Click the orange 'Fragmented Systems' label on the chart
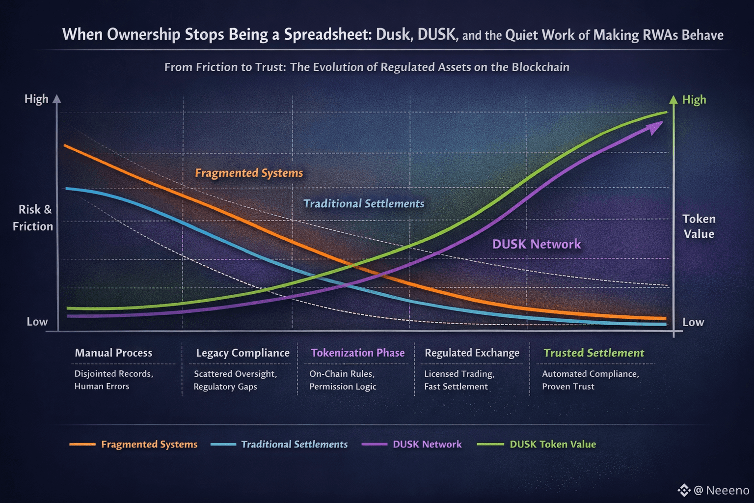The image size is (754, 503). (x=249, y=173)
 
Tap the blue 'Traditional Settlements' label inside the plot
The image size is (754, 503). (x=364, y=203)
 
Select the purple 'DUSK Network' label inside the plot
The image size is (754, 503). (x=537, y=244)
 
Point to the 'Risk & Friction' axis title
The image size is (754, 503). (x=33, y=218)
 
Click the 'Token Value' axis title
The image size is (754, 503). (x=699, y=226)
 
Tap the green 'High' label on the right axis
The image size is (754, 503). (x=694, y=100)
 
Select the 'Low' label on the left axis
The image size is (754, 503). (x=37, y=322)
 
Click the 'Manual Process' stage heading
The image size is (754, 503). (x=113, y=353)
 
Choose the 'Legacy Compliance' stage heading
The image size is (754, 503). (x=242, y=353)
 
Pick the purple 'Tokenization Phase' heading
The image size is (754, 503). (x=358, y=353)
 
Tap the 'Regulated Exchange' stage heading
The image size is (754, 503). (x=472, y=353)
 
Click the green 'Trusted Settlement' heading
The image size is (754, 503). (x=593, y=353)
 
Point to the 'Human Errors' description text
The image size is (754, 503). (x=102, y=386)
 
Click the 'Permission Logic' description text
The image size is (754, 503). (x=343, y=387)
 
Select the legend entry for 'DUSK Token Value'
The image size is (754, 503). (x=553, y=444)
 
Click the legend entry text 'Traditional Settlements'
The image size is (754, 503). (x=294, y=444)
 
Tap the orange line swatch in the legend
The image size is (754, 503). (x=82, y=444)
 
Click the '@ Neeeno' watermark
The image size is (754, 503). (x=721, y=490)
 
